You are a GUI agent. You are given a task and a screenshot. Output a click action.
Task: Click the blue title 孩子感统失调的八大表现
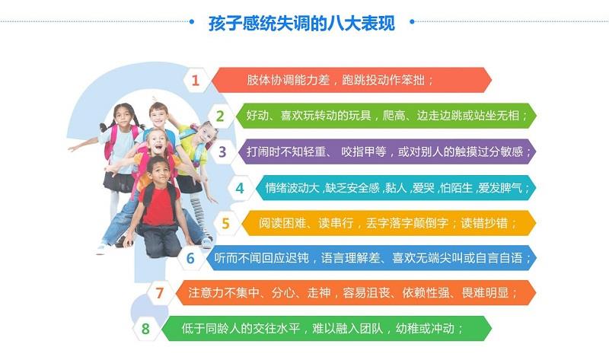point(301,23)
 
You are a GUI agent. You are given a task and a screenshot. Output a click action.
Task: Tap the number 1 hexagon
point(196,80)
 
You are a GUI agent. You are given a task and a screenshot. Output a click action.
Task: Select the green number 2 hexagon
point(220,116)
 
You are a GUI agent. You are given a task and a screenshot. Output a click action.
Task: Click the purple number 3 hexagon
point(222,151)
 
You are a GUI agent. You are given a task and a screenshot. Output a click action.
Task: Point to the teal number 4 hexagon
point(240,188)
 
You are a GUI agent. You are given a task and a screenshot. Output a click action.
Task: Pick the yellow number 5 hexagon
point(225,223)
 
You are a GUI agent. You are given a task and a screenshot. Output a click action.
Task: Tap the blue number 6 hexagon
point(190,258)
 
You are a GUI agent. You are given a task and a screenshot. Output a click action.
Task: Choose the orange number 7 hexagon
point(160,293)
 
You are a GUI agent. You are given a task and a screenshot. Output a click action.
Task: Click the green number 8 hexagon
point(145,329)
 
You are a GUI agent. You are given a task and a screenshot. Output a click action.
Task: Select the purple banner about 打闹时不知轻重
point(387,151)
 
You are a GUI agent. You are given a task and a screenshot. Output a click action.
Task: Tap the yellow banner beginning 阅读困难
point(388,223)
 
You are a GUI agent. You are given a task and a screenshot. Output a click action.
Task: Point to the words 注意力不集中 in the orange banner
point(224,293)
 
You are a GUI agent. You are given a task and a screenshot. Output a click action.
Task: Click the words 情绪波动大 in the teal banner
point(292,188)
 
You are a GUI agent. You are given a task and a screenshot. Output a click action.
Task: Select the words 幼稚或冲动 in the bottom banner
point(425,329)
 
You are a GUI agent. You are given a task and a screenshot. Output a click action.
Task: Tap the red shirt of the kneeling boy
point(160,205)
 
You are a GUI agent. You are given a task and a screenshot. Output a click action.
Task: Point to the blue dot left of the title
point(192,22)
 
